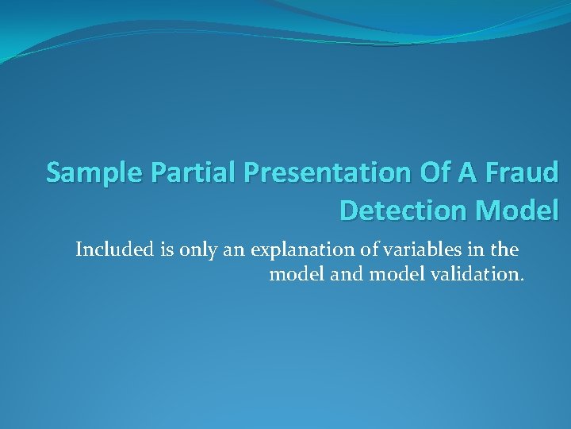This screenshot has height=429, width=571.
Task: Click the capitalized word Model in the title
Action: click(517, 210)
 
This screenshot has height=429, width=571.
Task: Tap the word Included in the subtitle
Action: click(109, 250)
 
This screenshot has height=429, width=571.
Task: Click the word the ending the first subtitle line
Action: click(505, 250)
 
